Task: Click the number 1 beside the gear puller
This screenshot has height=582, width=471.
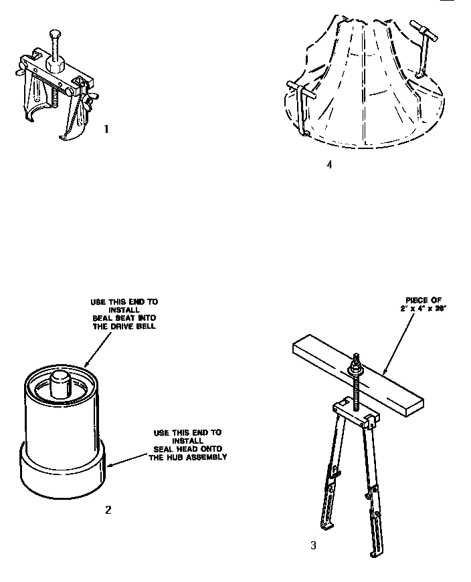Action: click(106, 129)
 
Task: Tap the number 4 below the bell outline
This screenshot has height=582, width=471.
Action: click(329, 164)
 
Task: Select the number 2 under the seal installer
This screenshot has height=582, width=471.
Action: click(108, 510)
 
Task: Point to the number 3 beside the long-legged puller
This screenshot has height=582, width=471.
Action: click(313, 545)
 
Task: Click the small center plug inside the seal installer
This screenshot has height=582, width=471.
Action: click(60, 384)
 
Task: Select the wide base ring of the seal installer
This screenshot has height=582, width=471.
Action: click(62, 474)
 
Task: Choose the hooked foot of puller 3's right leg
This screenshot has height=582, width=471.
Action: click(373, 553)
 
